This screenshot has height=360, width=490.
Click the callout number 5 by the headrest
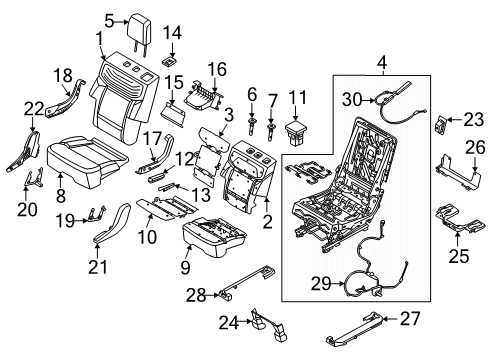pos(110,17)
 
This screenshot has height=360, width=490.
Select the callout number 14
pos(172,35)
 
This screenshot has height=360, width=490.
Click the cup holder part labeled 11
pos(297,132)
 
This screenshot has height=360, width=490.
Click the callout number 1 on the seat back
pos(99,40)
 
